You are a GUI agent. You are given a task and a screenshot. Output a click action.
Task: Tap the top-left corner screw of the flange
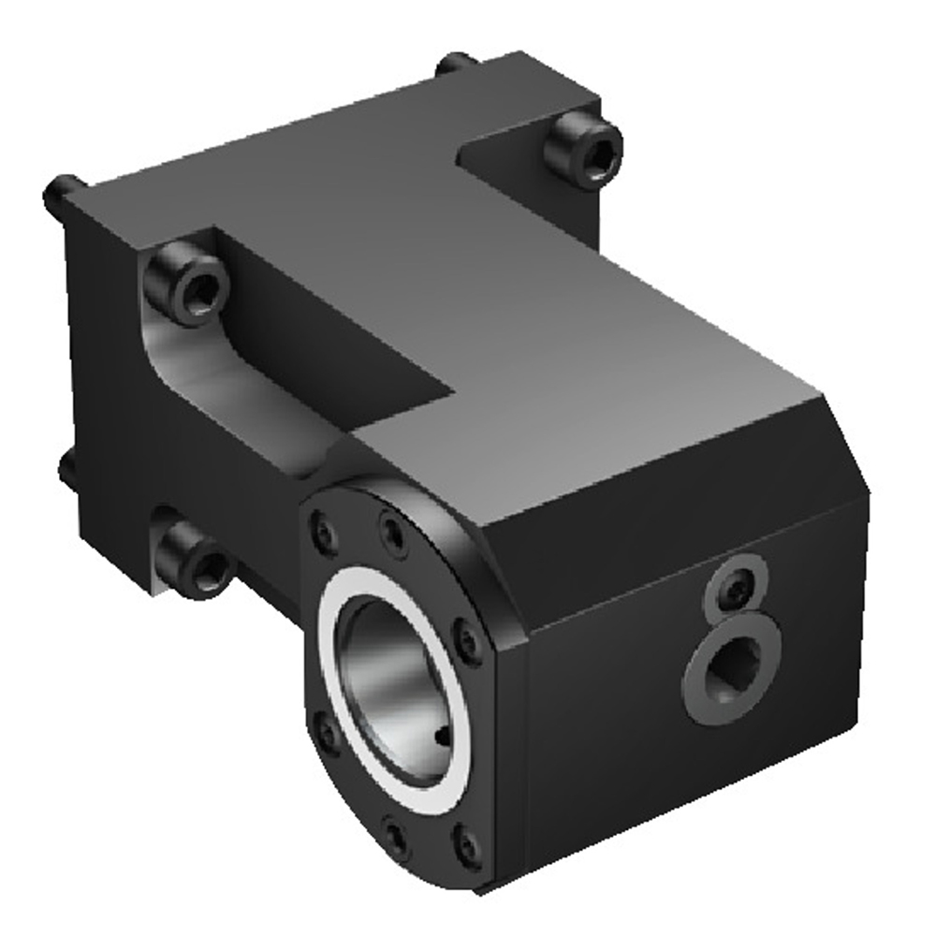[x=324, y=531]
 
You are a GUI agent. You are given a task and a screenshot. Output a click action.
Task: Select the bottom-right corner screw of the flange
[x=465, y=845]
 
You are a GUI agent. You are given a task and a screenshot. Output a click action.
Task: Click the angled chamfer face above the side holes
[x=674, y=487]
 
